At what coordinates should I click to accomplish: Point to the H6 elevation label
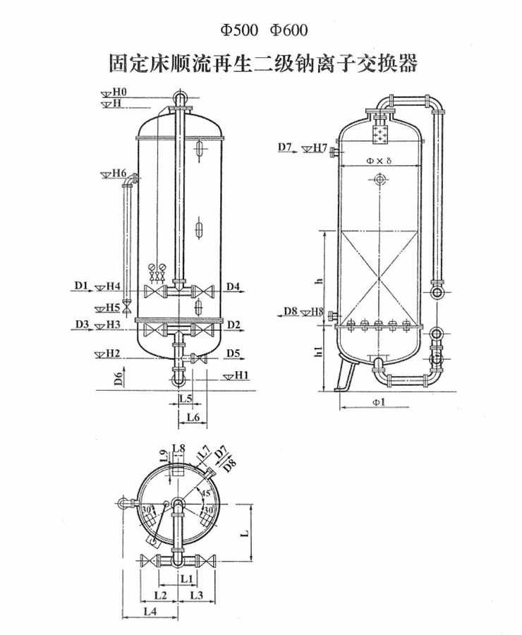[119, 173]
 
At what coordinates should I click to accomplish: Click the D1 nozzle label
[80, 286]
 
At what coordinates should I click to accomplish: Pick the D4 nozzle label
[233, 286]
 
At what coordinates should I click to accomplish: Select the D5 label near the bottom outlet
[233, 353]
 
